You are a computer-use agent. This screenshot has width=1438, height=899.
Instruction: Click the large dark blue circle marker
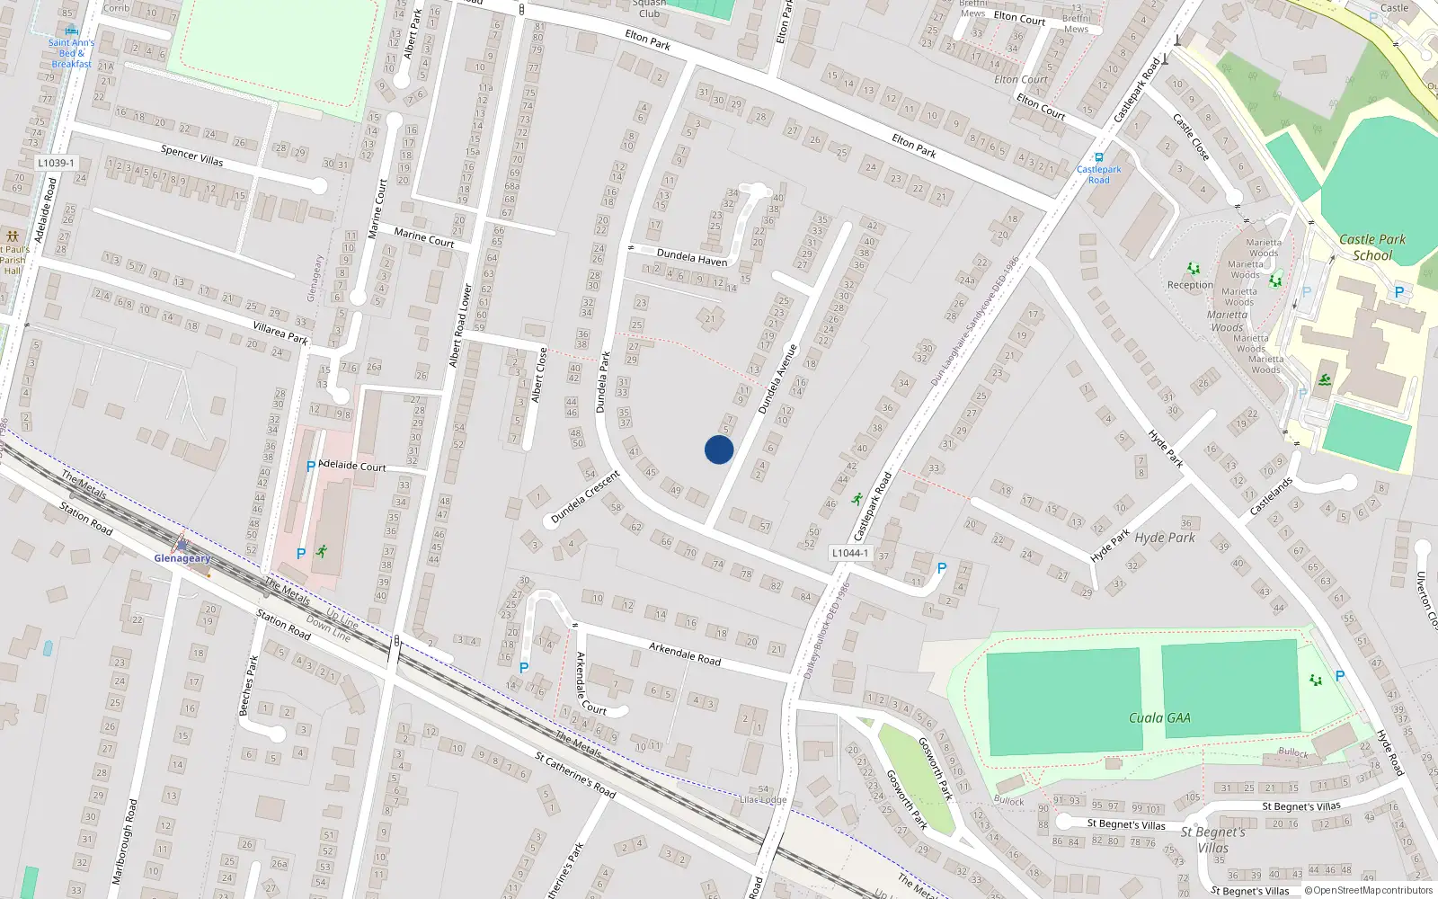719,449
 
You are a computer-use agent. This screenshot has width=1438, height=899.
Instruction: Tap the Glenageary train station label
182,558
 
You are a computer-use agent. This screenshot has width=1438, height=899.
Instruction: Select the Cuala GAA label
1159,718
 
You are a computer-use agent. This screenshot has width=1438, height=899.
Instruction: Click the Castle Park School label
1372,247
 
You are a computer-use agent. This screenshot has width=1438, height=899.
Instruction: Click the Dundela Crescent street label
586,497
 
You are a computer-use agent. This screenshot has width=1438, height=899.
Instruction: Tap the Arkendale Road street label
685,654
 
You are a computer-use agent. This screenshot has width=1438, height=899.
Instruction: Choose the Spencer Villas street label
191,156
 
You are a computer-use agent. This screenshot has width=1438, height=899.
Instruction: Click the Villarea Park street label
280,334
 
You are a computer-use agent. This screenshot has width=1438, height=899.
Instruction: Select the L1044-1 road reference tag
850,553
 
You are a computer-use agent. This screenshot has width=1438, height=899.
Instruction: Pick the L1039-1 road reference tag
56,163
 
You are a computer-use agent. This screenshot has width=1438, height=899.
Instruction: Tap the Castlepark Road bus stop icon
1098,157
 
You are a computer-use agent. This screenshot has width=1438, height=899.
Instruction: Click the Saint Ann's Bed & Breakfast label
71,53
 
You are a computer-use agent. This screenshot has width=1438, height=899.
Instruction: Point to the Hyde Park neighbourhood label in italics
1165,539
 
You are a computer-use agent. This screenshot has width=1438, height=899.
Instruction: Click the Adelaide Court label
352,466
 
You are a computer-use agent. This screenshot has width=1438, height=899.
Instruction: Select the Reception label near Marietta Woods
1190,285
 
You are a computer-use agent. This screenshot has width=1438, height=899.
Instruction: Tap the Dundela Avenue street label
777,379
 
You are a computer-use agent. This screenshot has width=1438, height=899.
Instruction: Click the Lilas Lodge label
763,799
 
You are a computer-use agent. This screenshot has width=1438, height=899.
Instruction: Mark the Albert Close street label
539,375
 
